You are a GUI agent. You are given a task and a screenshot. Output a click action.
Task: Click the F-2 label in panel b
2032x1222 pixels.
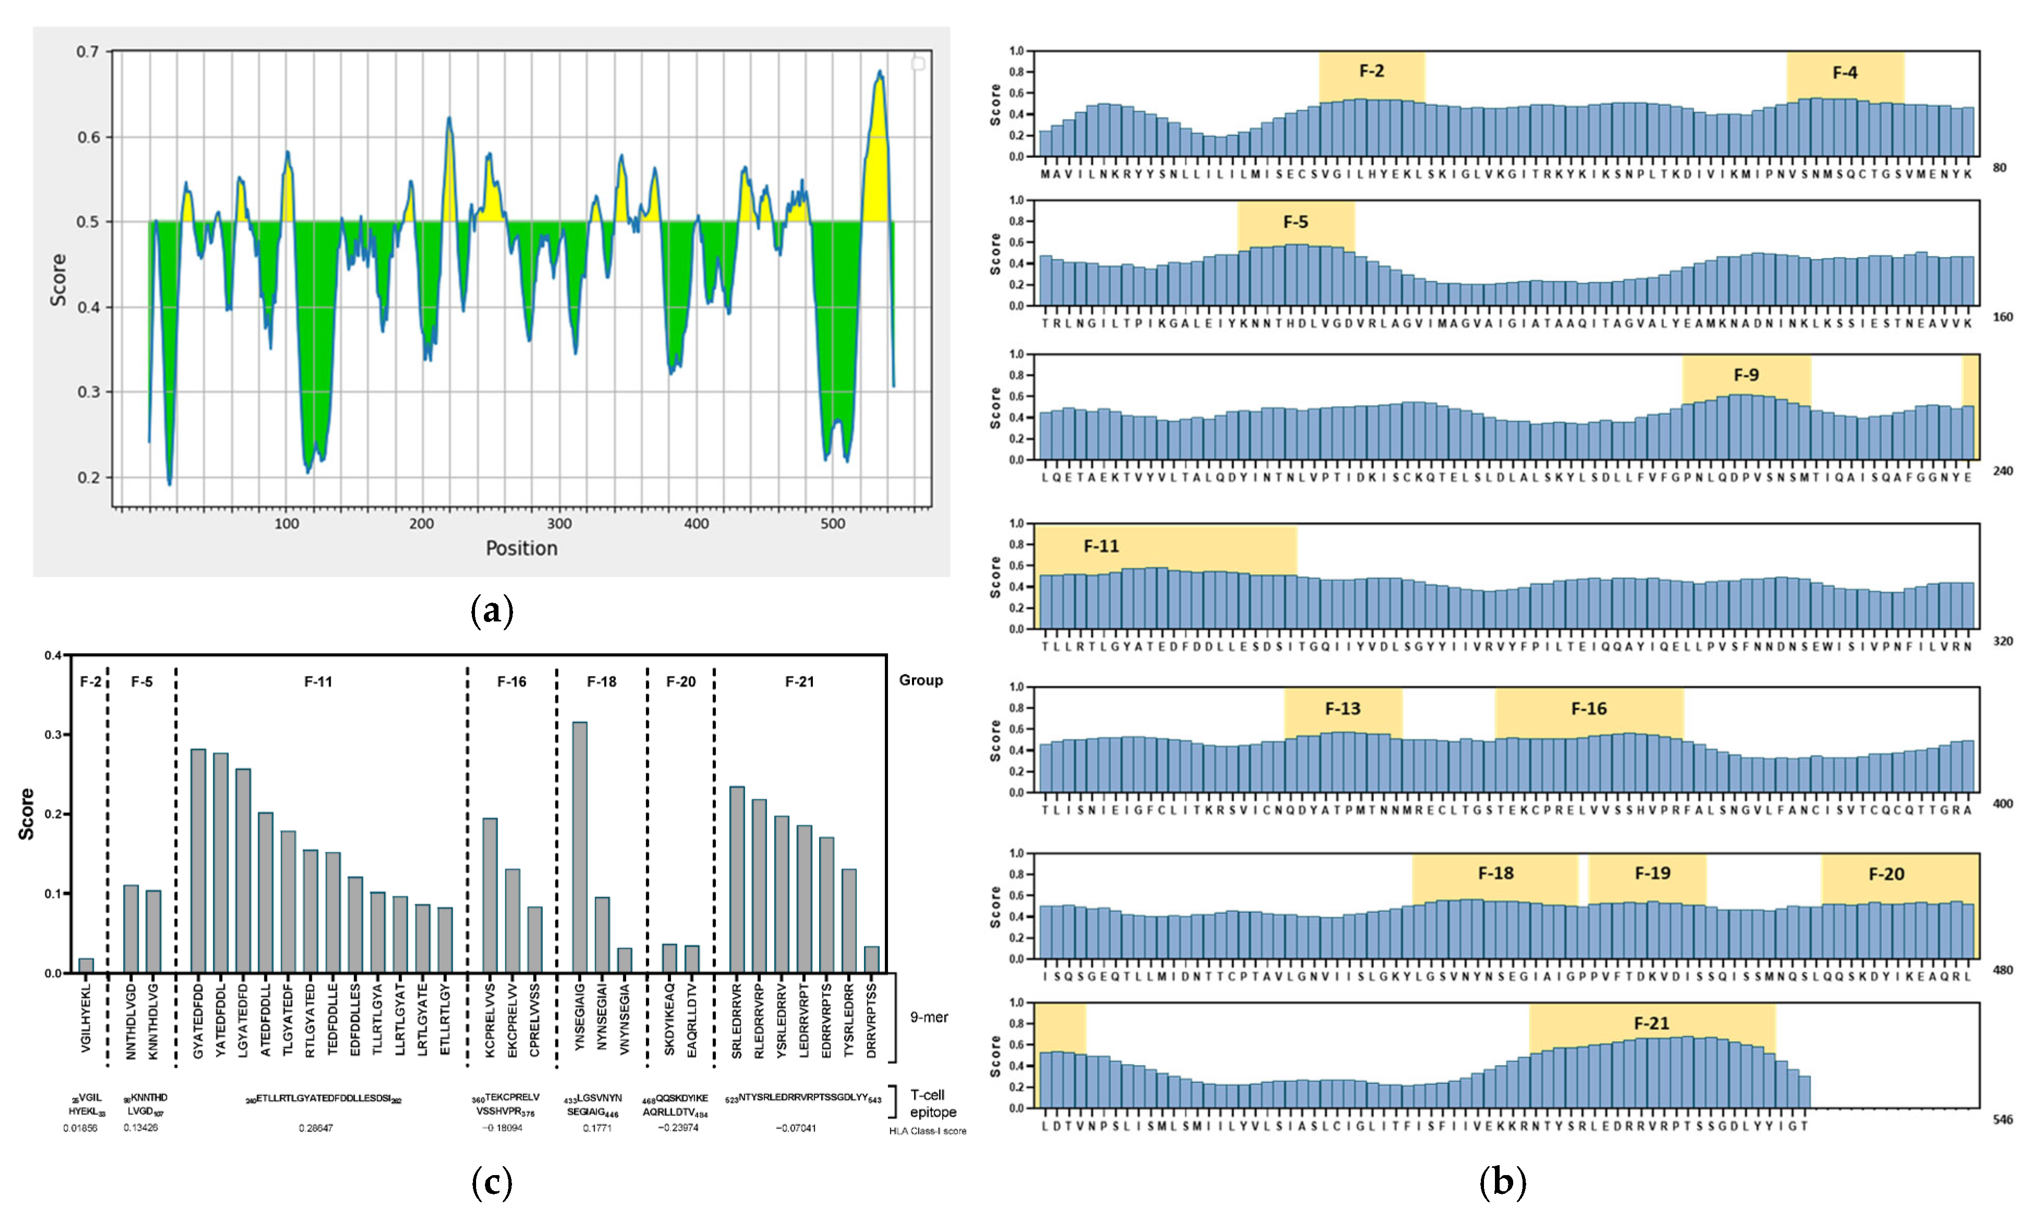coord(1371,71)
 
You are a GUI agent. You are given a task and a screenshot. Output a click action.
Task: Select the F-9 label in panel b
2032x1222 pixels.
coord(1746,375)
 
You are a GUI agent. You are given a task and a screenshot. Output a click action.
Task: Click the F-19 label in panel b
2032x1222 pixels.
coord(1651,873)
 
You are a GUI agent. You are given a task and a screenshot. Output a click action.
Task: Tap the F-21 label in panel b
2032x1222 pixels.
coord(1651,1023)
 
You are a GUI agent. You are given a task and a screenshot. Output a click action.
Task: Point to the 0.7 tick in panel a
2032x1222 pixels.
coord(87,52)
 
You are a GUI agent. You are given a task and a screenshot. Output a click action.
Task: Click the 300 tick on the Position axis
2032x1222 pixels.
coord(559,524)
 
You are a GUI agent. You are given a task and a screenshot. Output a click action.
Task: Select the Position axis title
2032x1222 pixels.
coord(521,548)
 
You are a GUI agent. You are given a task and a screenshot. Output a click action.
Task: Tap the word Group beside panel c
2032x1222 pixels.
coord(920,680)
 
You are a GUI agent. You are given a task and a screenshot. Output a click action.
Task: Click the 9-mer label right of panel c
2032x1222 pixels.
coord(929,1017)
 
